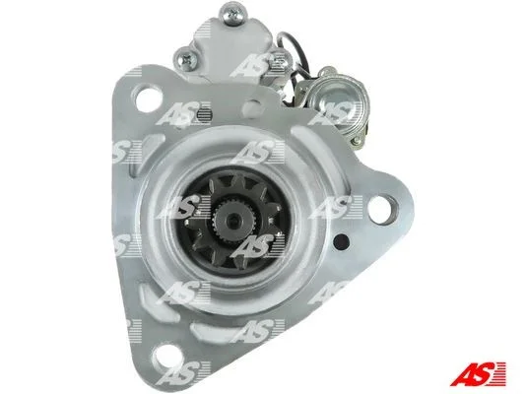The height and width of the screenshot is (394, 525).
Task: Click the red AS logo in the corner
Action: pyautogui.click(x=478, y=373)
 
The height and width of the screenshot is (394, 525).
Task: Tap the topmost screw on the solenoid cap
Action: pyautogui.click(x=233, y=13)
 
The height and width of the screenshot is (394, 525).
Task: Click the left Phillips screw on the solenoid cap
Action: pyautogui.click(x=185, y=59)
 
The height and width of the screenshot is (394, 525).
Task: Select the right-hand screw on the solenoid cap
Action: pyautogui.click(x=282, y=61)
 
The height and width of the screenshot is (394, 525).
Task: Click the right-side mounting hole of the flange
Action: pyautogui.click(x=381, y=209)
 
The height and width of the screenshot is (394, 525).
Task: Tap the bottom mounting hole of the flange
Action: pyautogui.click(x=166, y=359)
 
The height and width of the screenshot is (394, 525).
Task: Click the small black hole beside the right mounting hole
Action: pyautogui.click(x=343, y=240)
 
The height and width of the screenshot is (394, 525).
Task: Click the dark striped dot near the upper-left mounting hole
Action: pyautogui.click(x=204, y=114)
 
